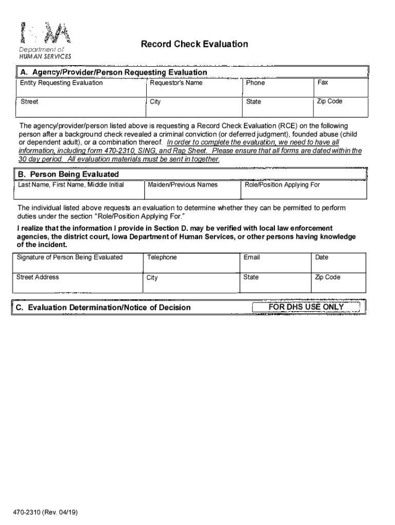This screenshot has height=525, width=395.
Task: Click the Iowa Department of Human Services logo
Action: [x=45, y=41]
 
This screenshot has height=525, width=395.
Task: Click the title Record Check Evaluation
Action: [x=194, y=44]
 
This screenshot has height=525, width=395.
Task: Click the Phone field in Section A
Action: [x=277, y=87]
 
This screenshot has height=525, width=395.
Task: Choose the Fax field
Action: [x=341, y=87]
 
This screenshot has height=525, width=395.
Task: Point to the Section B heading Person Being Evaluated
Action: [x=69, y=174]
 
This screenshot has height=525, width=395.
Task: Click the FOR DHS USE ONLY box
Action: [x=306, y=307]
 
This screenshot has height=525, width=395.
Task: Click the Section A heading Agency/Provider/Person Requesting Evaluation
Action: [x=113, y=72]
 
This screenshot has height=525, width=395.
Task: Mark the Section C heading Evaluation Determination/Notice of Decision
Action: [x=103, y=308]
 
